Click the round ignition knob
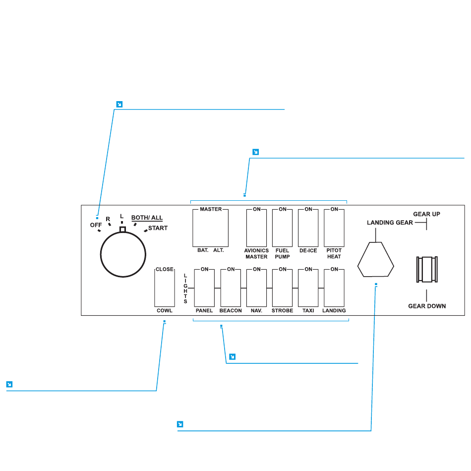(x=123, y=255)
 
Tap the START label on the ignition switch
(x=158, y=228)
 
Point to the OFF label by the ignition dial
(x=96, y=225)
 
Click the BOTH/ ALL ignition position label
(x=147, y=218)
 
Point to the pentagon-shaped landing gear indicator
(x=376, y=259)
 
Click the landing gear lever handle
(x=427, y=269)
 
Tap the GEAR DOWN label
(x=427, y=306)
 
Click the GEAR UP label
(x=427, y=214)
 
